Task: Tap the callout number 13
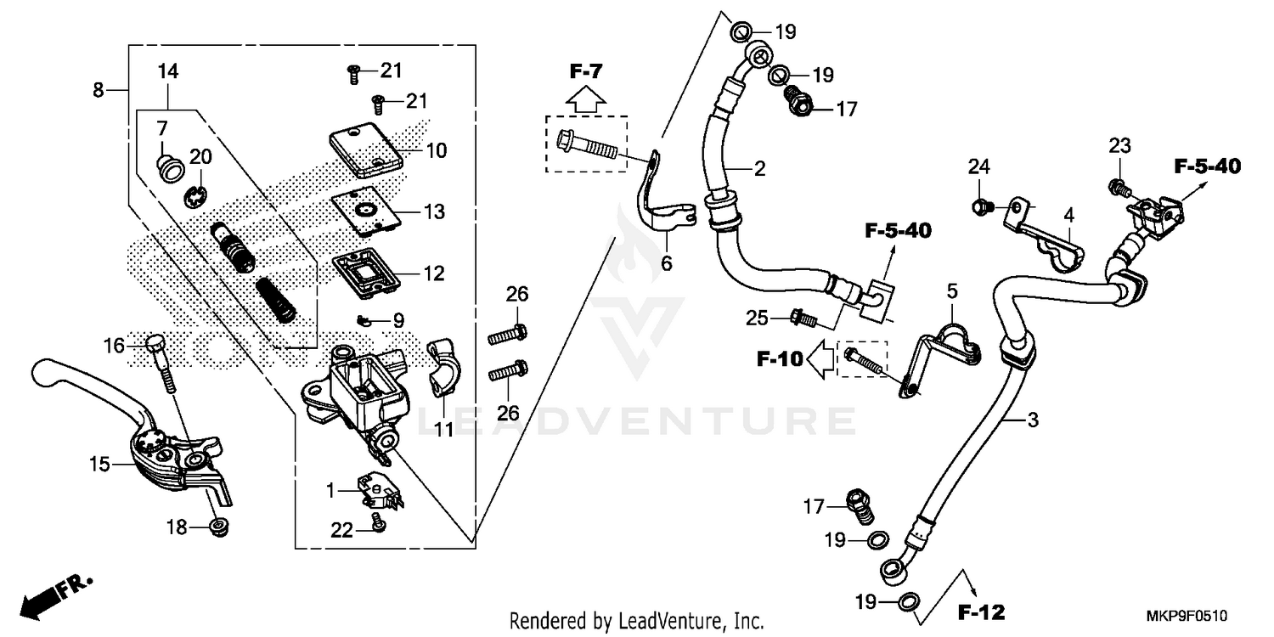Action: [x=434, y=211]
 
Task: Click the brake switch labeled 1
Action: [x=376, y=491]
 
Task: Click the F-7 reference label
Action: [x=585, y=71]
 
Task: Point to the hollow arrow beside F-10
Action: [x=820, y=360]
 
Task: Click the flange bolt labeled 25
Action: [x=803, y=319]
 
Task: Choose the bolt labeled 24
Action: [x=982, y=205]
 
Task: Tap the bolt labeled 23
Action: [x=1117, y=184]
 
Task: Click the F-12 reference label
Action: [x=981, y=612]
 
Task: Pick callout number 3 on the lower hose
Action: [x=1032, y=420]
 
